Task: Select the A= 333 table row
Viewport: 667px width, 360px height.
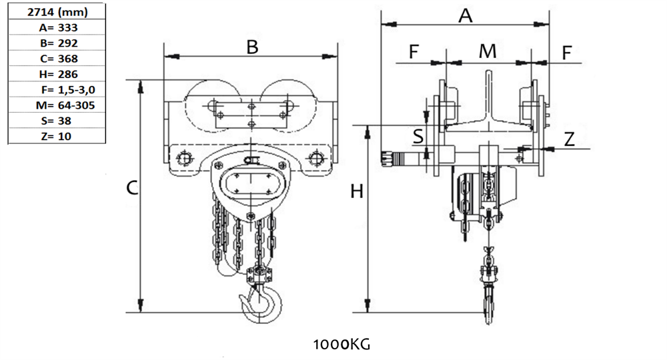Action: point(56,28)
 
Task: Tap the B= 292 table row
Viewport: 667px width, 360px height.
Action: point(56,43)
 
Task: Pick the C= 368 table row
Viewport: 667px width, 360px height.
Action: point(56,59)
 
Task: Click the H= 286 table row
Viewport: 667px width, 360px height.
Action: point(56,74)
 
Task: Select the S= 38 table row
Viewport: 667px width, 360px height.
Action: point(56,121)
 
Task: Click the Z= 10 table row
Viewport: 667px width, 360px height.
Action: point(56,136)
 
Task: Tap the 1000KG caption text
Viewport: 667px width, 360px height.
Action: point(341,345)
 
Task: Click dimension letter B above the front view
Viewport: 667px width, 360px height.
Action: point(251,47)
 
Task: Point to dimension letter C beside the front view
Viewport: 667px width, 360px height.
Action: point(132,189)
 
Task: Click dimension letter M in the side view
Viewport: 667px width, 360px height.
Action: point(488,51)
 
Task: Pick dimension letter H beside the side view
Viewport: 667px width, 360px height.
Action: point(358,192)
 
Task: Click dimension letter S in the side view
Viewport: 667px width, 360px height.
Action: point(418,137)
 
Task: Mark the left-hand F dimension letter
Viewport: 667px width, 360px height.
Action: point(414,52)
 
